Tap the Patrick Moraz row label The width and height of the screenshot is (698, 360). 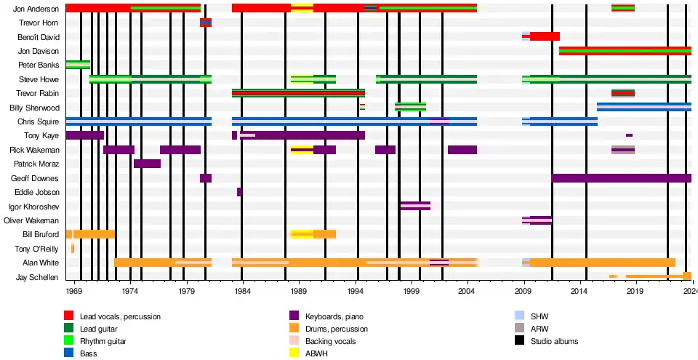[38, 164]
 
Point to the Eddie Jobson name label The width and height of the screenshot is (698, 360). [40, 193]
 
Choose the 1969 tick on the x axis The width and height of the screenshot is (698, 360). [74, 291]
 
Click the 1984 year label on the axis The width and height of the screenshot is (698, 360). [242, 291]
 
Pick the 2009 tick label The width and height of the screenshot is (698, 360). [523, 291]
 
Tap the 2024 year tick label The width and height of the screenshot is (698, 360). [690, 291]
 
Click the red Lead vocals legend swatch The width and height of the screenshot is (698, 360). [69, 316]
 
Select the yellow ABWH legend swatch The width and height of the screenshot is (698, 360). [294, 353]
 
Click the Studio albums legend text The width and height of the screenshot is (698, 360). [554, 341]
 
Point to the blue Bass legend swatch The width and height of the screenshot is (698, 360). [69, 353]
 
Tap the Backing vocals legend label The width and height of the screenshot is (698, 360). [330, 341]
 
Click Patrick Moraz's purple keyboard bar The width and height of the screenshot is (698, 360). [147, 164]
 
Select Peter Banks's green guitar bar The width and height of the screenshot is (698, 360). [78, 65]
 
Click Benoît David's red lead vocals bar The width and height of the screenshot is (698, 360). [545, 36]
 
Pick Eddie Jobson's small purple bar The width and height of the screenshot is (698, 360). [239, 192]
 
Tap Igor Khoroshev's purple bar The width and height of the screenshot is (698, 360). [415, 206]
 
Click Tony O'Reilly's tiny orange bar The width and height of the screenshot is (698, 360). [73, 249]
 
